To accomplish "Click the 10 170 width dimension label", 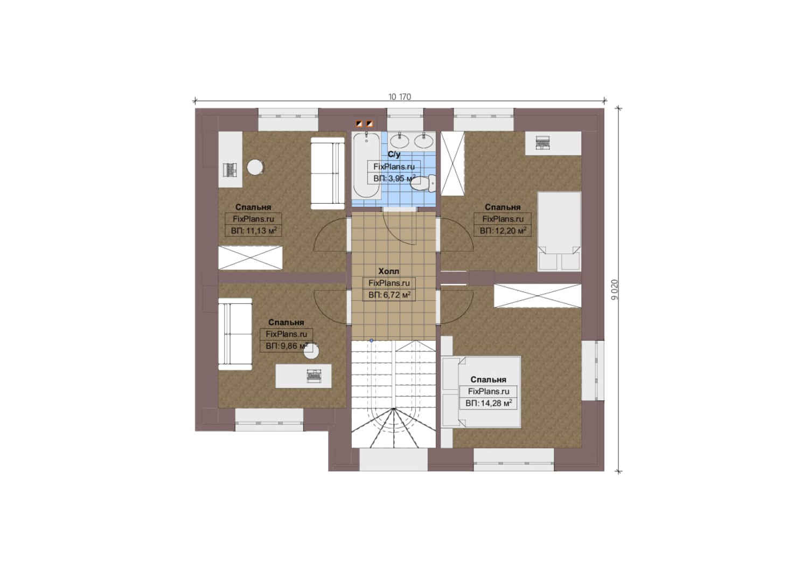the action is coord(400,97).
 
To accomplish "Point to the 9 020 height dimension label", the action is coord(615,290).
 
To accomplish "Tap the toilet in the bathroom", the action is coord(423,183).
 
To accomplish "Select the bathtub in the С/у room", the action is coord(366,165).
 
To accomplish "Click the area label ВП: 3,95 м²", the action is coord(394,178).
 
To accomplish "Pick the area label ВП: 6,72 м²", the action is coord(389,295).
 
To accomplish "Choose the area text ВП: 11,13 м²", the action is coord(253,231).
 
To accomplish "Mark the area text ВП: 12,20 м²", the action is coord(503,231).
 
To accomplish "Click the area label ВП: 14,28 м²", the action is coord(489,403).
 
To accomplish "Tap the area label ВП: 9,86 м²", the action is coord(287,345).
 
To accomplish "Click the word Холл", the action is coord(389,271).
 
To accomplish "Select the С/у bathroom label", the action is coord(394,154).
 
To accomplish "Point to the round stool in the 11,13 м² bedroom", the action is coord(255,167).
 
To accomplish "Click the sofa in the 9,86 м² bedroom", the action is coord(235,334).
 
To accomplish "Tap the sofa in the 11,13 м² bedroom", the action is coord(328,173).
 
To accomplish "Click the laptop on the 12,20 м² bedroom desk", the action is coord(543,143).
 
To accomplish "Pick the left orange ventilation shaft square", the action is coord(359,124).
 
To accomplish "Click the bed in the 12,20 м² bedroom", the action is coord(559,232).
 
